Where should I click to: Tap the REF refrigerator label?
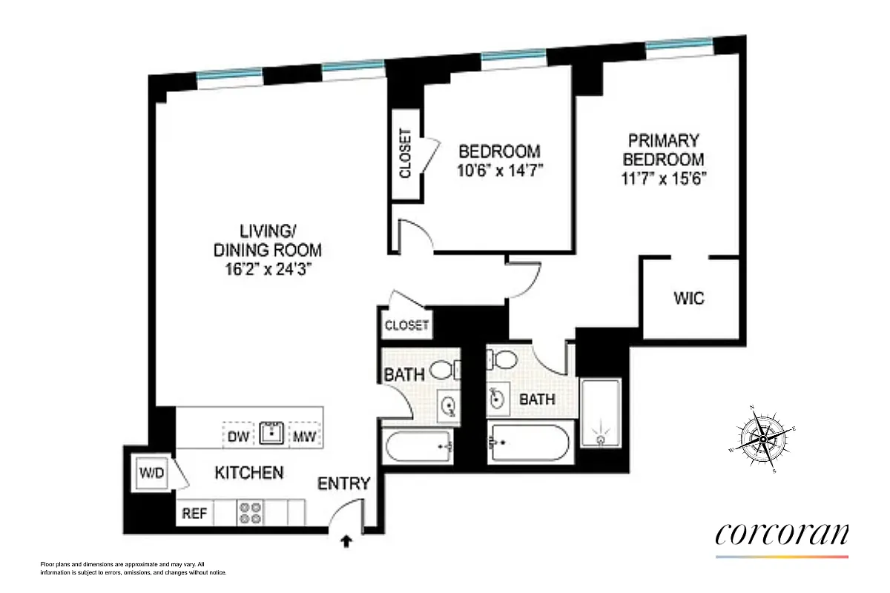[x=194, y=513]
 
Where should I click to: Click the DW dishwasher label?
[x=237, y=435]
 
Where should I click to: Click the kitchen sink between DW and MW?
[x=271, y=432]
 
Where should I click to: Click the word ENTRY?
[x=343, y=484]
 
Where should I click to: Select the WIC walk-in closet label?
[x=689, y=299]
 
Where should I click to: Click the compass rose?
[x=762, y=439]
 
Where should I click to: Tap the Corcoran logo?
[x=782, y=535]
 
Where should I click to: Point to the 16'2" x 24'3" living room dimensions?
[x=267, y=270]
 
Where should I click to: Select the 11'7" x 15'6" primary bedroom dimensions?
[x=663, y=179]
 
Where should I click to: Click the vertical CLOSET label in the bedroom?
[x=405, y=153]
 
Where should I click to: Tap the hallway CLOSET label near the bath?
[x=406, y=325]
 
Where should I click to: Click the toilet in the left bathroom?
[x=444, y=368]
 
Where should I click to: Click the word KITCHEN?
[x=248, y=472]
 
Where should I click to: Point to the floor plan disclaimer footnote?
[x=133, y=568]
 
